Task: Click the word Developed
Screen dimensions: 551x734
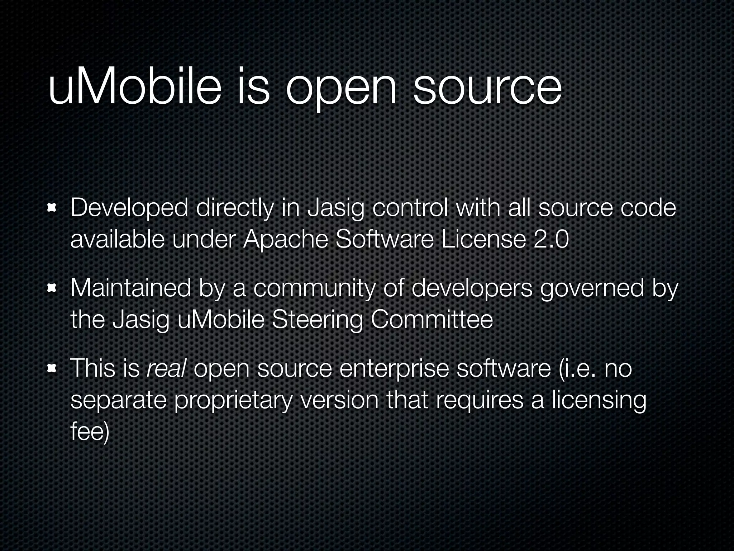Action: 129,208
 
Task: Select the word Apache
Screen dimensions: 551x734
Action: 285,240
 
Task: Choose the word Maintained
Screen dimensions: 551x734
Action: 130,288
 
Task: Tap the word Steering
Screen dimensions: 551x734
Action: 317,320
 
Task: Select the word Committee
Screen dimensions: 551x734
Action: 432,320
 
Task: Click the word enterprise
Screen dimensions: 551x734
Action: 394,369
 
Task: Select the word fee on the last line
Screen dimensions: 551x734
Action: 88,432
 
